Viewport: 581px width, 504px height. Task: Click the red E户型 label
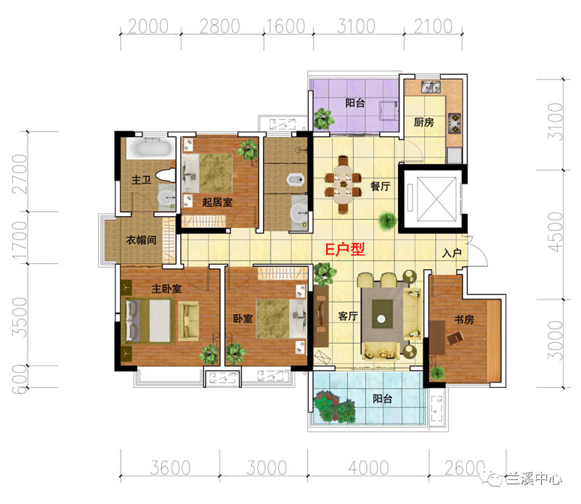coord(345,249)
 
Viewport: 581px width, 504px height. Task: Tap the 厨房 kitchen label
coord(423,122)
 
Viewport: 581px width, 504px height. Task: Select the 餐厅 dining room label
coord(380,186)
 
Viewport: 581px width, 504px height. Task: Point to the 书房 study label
coord(464,319)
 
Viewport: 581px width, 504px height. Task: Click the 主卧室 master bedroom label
coord(166,289)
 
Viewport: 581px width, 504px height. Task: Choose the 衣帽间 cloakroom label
coord(141,240)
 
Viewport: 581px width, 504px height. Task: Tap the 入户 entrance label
coord(451,253)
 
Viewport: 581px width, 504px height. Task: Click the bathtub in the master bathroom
coord(151,148)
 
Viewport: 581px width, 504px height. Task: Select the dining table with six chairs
coord(343,185)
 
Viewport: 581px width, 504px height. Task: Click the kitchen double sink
coord(431,87)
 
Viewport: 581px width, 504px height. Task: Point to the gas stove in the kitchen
coord(455,123)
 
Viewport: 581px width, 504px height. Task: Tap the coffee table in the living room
coord(382,314)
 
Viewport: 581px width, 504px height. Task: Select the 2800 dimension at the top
coord(220,27)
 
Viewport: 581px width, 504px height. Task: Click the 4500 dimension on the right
coord(555,232)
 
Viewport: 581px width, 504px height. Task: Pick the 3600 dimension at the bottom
coord(170,468)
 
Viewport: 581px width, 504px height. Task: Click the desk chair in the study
coord(455,337)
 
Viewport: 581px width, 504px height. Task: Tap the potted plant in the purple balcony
coord(323,118)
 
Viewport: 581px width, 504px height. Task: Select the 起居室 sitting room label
coord(217,202)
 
